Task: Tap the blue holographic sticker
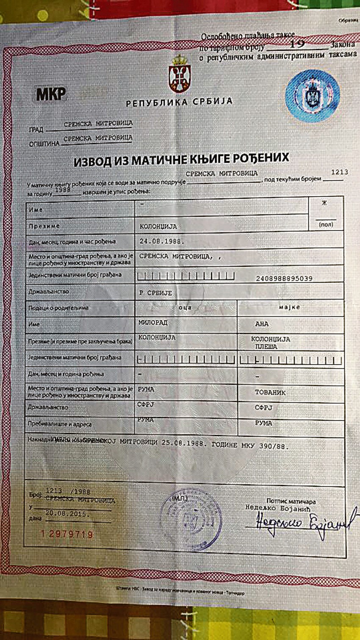coord(313,96)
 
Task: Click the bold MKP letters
coord(51,94)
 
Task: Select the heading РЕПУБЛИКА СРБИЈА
coord(179,102)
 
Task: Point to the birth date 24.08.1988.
coord(162,241)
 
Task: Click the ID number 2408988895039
coord(284,278)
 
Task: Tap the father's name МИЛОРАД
coord(153,323)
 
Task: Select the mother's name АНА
coord(262,324)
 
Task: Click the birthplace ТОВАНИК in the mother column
coord(270,392)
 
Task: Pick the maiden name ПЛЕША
coord(266,346)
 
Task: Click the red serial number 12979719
coord(67,534)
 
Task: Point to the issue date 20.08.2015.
coord(67,514)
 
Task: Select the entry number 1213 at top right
coord(339,172)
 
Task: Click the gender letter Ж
coord(324,203)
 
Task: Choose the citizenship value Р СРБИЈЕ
coord(156,293)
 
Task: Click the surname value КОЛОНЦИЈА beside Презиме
coord(158,227)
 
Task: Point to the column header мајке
coord(289,307)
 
